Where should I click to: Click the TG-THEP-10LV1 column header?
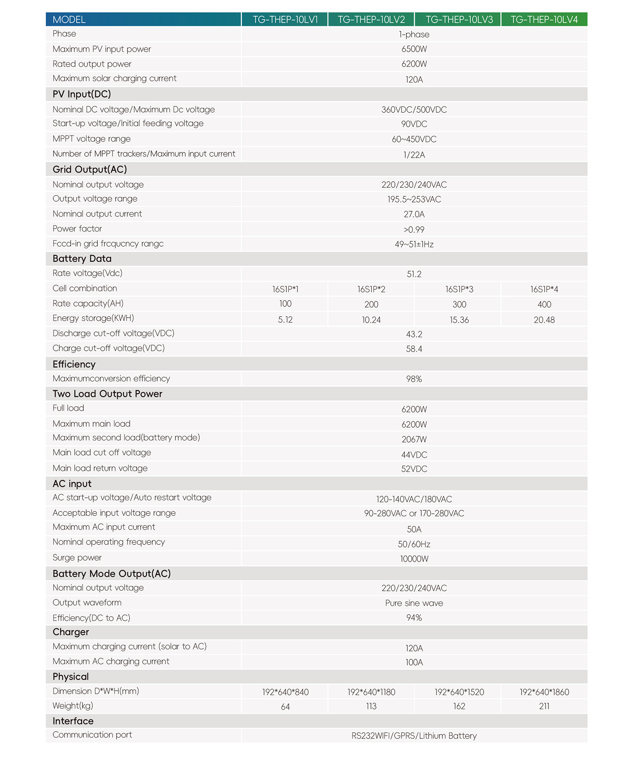point(285,20)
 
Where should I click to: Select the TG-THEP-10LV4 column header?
point(544,20)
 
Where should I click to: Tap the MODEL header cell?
point(69,20)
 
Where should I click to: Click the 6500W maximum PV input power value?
point(414,49)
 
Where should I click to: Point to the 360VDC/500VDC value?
point(414,110)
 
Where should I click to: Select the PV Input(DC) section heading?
point(82,94)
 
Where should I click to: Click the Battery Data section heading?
point(82,259)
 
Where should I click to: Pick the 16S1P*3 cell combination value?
point(459,289)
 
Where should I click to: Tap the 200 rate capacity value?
point(371,305)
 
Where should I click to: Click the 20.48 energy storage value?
point(544,320)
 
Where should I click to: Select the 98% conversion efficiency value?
point(414,379)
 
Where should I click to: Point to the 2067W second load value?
point(414,440)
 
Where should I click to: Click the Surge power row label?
point(77,558)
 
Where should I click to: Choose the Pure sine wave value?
point(414,603)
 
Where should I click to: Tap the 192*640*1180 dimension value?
point(371,692)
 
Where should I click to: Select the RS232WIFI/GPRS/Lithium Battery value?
point(414,736)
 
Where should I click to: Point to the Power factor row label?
point(77,229)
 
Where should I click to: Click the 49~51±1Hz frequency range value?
point(414,244)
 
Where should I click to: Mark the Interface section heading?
point(73,721)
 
